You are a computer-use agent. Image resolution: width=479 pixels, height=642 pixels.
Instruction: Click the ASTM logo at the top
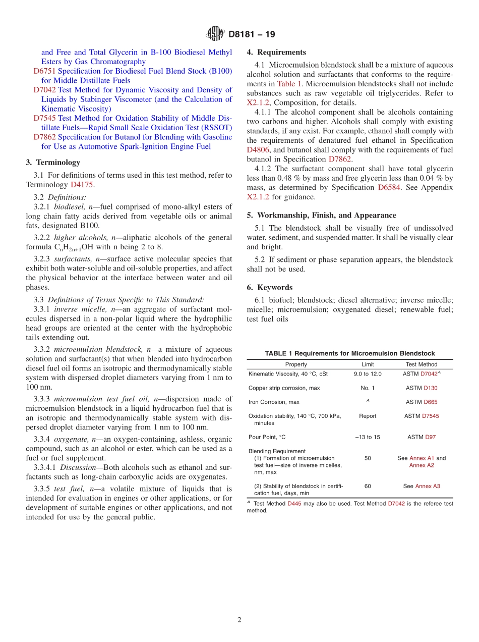(215, 34)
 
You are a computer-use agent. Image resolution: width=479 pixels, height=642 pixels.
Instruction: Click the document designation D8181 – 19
(252, 34)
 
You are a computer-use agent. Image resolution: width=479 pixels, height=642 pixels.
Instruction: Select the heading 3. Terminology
(53, 163)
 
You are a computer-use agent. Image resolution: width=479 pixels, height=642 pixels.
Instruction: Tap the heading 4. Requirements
(276, 52)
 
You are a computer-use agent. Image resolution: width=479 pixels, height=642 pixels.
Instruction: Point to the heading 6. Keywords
(270, 287)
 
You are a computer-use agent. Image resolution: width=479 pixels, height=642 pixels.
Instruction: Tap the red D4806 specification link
(258, 150)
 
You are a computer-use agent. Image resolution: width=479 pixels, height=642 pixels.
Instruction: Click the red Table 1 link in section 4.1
(289, 84)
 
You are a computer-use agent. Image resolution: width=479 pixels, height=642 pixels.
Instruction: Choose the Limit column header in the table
(368, 364)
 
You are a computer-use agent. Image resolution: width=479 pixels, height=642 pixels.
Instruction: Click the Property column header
(296, 364)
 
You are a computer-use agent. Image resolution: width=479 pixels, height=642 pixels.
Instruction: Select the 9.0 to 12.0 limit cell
(368, 374)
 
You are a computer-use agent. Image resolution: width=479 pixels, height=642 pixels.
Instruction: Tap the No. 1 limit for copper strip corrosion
(368, 388)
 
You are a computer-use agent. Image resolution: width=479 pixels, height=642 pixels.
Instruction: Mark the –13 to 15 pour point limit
(368, 437)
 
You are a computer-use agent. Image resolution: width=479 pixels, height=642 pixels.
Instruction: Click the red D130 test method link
(431, 388)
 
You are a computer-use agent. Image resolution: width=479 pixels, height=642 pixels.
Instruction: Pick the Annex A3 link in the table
(428, 486)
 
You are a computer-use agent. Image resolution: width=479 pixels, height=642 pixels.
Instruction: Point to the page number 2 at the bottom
(239, 620)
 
